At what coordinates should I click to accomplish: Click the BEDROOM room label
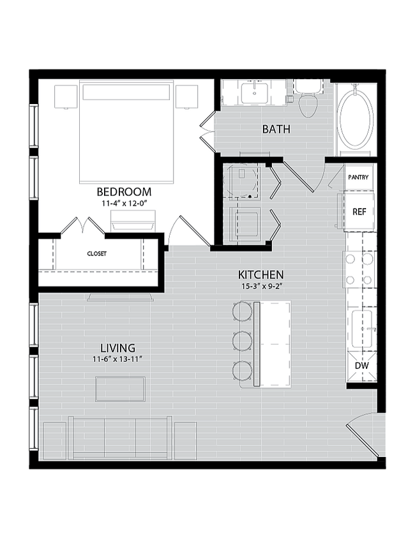click(x=124, y=191)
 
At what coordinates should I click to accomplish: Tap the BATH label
click(x=276, y=129)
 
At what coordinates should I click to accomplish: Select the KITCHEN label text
click(x=261, y=275)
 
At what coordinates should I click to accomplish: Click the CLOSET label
click(x=97, y=253)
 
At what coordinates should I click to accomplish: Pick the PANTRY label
click(x=358, y=177)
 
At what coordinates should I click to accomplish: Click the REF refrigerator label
click(x=359, y=212)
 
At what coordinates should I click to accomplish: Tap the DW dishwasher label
click(x=361, y=366)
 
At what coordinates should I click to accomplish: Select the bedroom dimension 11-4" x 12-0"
click(x=124, y=203)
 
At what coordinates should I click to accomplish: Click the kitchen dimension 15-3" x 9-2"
click(x=261, y=287)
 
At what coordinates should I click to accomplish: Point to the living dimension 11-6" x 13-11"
click(x=117, y=359)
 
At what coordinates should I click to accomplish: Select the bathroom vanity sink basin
click(x=254, y=93)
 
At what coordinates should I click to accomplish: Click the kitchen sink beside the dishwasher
click(x=363, y=329)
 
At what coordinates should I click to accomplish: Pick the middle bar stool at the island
click(x=243, y=341)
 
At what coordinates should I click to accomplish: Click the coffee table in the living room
click(x=121, y=389)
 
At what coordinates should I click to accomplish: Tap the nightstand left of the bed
click(x=66, y=97)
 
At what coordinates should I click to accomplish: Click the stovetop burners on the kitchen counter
click(x=359, y=269)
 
